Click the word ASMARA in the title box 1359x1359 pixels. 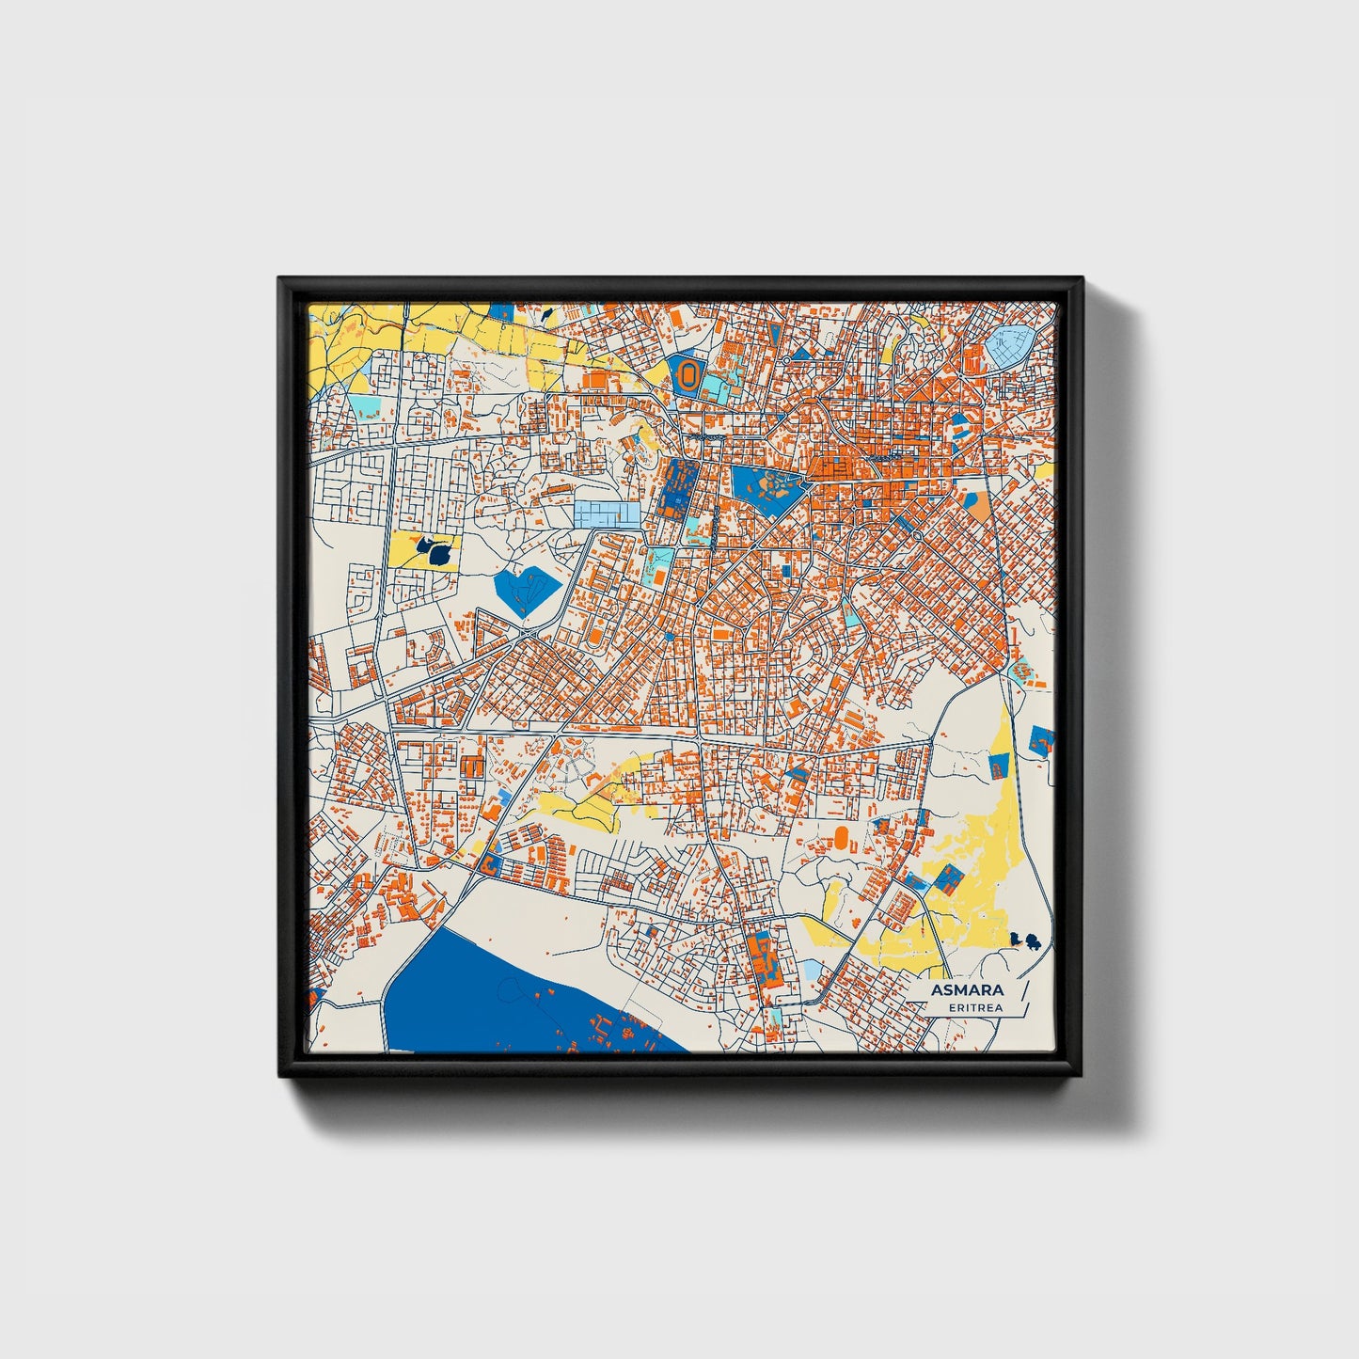point(967,990)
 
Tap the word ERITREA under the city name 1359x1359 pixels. point(975,1008)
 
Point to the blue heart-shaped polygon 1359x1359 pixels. point(525,589)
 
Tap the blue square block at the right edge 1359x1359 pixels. point(1041,738)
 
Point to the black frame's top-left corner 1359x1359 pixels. point(280,279)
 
